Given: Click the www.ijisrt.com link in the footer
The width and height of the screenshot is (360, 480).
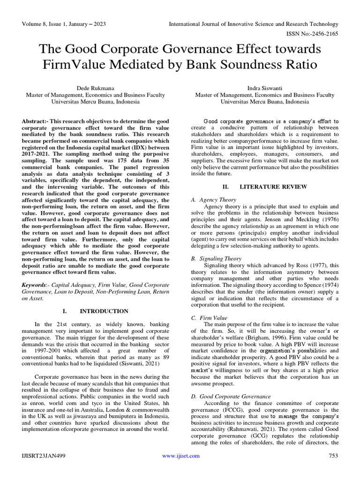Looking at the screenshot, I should [180, 456].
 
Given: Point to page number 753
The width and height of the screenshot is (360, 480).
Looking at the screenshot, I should [333, 456].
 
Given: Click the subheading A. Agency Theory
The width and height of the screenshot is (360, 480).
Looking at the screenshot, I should [213, 199].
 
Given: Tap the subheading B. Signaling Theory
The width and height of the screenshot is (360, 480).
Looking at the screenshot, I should [216, 258].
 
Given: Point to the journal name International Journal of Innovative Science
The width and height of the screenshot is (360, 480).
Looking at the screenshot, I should [253, 23].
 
